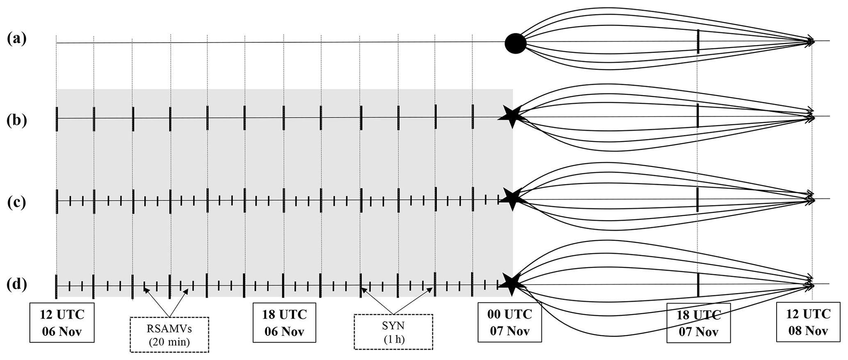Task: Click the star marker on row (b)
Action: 512,117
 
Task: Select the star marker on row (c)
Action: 512,199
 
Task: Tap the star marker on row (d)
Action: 511,283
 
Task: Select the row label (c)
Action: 17,203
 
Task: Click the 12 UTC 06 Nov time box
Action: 62,322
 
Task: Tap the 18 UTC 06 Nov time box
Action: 284,322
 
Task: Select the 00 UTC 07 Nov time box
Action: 510,322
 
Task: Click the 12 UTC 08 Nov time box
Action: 808,322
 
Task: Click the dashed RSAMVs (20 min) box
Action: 169,335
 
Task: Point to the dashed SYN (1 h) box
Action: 393,332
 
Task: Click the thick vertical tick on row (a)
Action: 698,41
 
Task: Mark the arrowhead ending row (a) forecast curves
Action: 811,41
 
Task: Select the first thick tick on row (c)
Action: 57,201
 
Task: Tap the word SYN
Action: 393,326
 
